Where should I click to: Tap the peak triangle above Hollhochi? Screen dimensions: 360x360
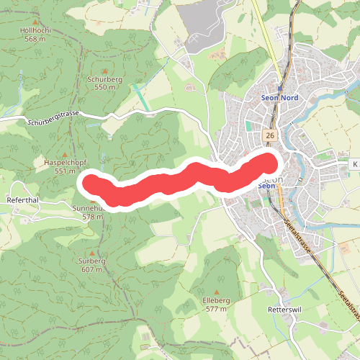[35, 20]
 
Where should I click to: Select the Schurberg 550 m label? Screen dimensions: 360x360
[104, 83]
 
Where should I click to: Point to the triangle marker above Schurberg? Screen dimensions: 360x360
[104, 71]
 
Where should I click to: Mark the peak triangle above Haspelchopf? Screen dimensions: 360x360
[64, 155]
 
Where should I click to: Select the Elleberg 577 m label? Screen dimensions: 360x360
[216, 304]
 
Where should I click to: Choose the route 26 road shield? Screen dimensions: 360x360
[269, 135]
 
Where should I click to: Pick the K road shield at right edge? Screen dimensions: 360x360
[354, 165]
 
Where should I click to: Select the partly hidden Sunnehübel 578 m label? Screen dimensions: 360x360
[91, 212]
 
